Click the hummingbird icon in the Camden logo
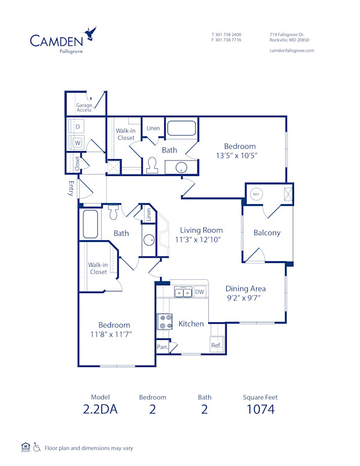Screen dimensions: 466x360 (91, 33)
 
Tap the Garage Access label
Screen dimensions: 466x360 (84, 107)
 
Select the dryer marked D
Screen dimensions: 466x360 (77, 127)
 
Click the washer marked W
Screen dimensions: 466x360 (77, 143)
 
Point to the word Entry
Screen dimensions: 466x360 (71, 189)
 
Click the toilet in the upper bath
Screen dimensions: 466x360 (152, 165)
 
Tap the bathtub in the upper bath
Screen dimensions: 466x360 (181, 129)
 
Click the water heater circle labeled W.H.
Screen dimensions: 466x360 (256, 194)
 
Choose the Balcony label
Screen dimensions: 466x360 (266, 233)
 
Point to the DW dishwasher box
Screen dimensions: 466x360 (200, 292)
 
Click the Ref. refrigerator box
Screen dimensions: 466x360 (216, 345)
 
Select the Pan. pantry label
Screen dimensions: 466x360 (162, 347)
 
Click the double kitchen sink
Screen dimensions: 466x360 (183, 292)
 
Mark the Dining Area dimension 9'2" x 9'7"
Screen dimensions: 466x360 (245, 297)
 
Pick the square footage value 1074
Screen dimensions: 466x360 (260, 410)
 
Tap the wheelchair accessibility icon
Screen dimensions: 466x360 (37, 447)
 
